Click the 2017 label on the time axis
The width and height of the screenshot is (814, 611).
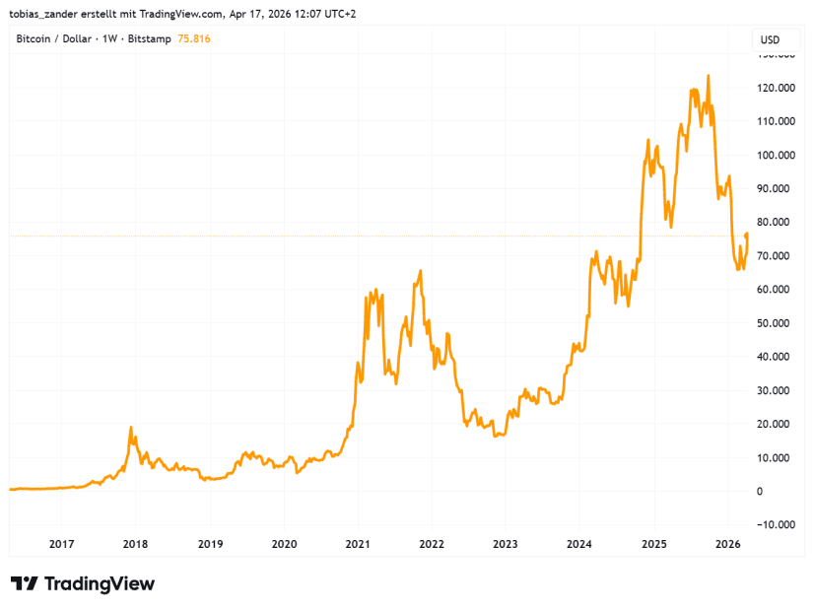[61, 543]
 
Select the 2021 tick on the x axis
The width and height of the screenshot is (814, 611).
[358, 543]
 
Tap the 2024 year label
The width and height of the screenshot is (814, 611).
[579, 543]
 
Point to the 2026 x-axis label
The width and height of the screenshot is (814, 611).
[727, 543]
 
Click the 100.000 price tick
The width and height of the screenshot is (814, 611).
[776, 155]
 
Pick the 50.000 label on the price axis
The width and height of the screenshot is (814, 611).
[774, 323]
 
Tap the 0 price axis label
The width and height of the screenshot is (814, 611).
[760, 491]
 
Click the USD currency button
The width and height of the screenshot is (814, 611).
[770, 39]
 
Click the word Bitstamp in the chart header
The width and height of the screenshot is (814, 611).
[148, 38]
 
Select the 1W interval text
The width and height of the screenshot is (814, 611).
[109, 38]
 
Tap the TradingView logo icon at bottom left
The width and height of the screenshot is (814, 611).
[25, 583]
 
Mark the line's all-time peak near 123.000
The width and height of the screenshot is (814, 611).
[708, 76]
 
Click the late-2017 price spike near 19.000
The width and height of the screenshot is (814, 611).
[130, 428]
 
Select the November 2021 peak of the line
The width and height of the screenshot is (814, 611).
[421, 271]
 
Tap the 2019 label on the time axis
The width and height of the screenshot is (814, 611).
[210, 543]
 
